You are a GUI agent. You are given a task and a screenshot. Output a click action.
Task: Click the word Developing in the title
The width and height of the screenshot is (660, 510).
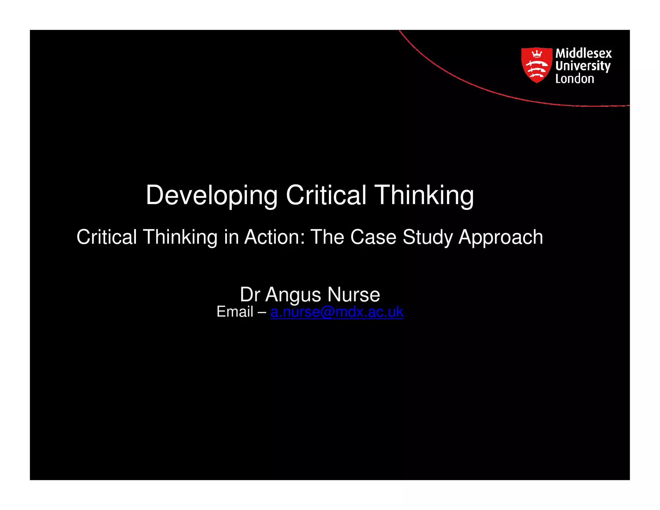pyautogui.click(x=211, y=195)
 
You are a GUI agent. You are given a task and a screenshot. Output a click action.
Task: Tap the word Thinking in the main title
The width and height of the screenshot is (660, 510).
pyautogui.click(x=424, y=195)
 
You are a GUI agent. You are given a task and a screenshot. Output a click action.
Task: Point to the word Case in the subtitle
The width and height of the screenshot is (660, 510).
pyautogui.click(x=373, y=237)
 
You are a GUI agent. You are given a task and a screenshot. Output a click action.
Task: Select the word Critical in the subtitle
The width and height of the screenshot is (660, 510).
pyautogui.click(x=107, y=237)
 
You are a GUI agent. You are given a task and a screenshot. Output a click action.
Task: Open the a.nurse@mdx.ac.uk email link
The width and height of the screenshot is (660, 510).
pyautogui.click(x=337, y=312)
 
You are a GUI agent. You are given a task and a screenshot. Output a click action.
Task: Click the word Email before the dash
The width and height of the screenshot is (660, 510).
pyautogui.click(x=235, y=312)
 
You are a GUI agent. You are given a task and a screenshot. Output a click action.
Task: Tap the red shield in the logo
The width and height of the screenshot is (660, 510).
pyautogui.click(x=536, y=65)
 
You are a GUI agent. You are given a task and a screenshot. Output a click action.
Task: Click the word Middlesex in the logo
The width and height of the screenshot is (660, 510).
pyautogui.click(x=583, y=53)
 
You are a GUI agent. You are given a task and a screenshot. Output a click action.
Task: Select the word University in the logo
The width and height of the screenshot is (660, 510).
pyautogui.click(x=583, y=66)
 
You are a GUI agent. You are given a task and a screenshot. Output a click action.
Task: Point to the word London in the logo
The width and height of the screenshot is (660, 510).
pyautogui.click(x=574, y=79)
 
